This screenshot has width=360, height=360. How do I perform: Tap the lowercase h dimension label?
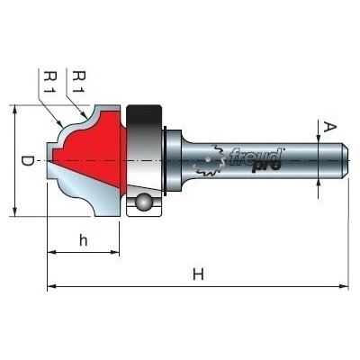(x=83, y=240)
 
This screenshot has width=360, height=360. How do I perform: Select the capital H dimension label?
(x=198, y=274)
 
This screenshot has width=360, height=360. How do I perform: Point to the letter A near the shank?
(x=330, y=128)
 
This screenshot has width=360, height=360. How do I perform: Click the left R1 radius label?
(x=49, y=82)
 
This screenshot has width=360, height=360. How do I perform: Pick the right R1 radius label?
(x=79, y=82)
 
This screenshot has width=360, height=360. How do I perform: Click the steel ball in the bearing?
(x=143, y=202)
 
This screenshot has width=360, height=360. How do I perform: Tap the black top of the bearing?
(x=143, y=115)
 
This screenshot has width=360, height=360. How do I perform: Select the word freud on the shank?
(x=256, y=157)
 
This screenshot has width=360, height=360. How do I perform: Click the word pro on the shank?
(x=265, y=166)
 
